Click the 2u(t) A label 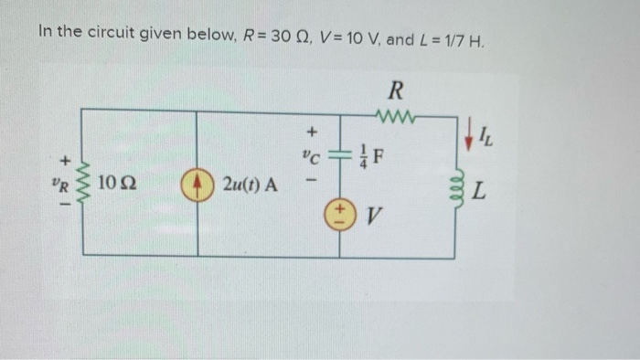point(249,185)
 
